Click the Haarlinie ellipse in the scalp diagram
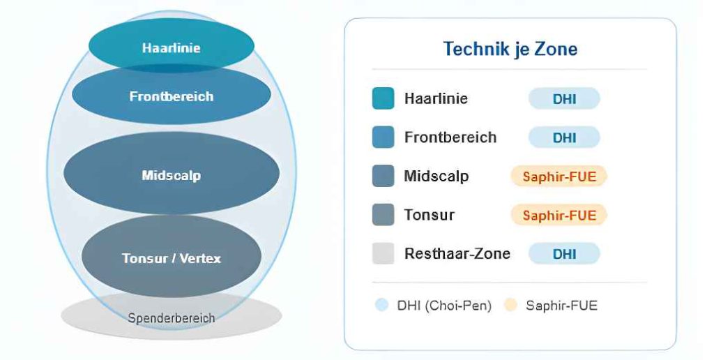point(172,45)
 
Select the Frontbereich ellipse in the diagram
point(172,96)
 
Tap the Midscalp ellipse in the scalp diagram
point(172,175)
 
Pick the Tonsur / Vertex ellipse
point(172,258)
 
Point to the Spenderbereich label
point(172,317)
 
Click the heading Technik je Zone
point(510,49)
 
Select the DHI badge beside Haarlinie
point(564,98)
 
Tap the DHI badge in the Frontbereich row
point(564,137)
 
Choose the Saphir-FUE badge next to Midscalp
point(559,176)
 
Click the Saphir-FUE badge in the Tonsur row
point(559,215)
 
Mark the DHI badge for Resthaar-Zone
point(564,253)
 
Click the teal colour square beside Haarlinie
point(383,98)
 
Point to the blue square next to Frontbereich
point(383,137)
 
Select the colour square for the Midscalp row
point(383,176)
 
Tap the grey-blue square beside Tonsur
point(383,215)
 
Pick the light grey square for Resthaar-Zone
point(383,253)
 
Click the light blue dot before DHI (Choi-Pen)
point(381,305)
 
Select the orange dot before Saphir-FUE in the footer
point(511,305)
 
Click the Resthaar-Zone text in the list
point(457,253)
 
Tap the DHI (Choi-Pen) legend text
point(444,306)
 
